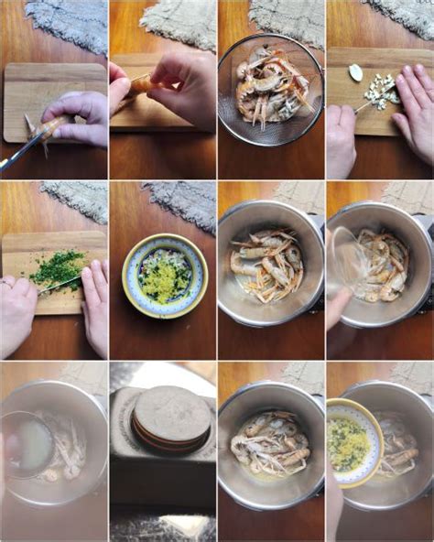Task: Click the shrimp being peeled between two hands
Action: pyautogui.click(x=140, y=86)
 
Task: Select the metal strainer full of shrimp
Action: pyautogui.click(x=270, y=89)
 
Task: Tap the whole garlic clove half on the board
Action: pyautogui.click(x=356, y=72)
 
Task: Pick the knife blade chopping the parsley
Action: pyautogui.click(x=60, y=286)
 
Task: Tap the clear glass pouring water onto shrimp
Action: pyautogui.click(x=347, y=260)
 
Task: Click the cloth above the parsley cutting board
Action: pyautogui.click(x=75, y=199)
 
